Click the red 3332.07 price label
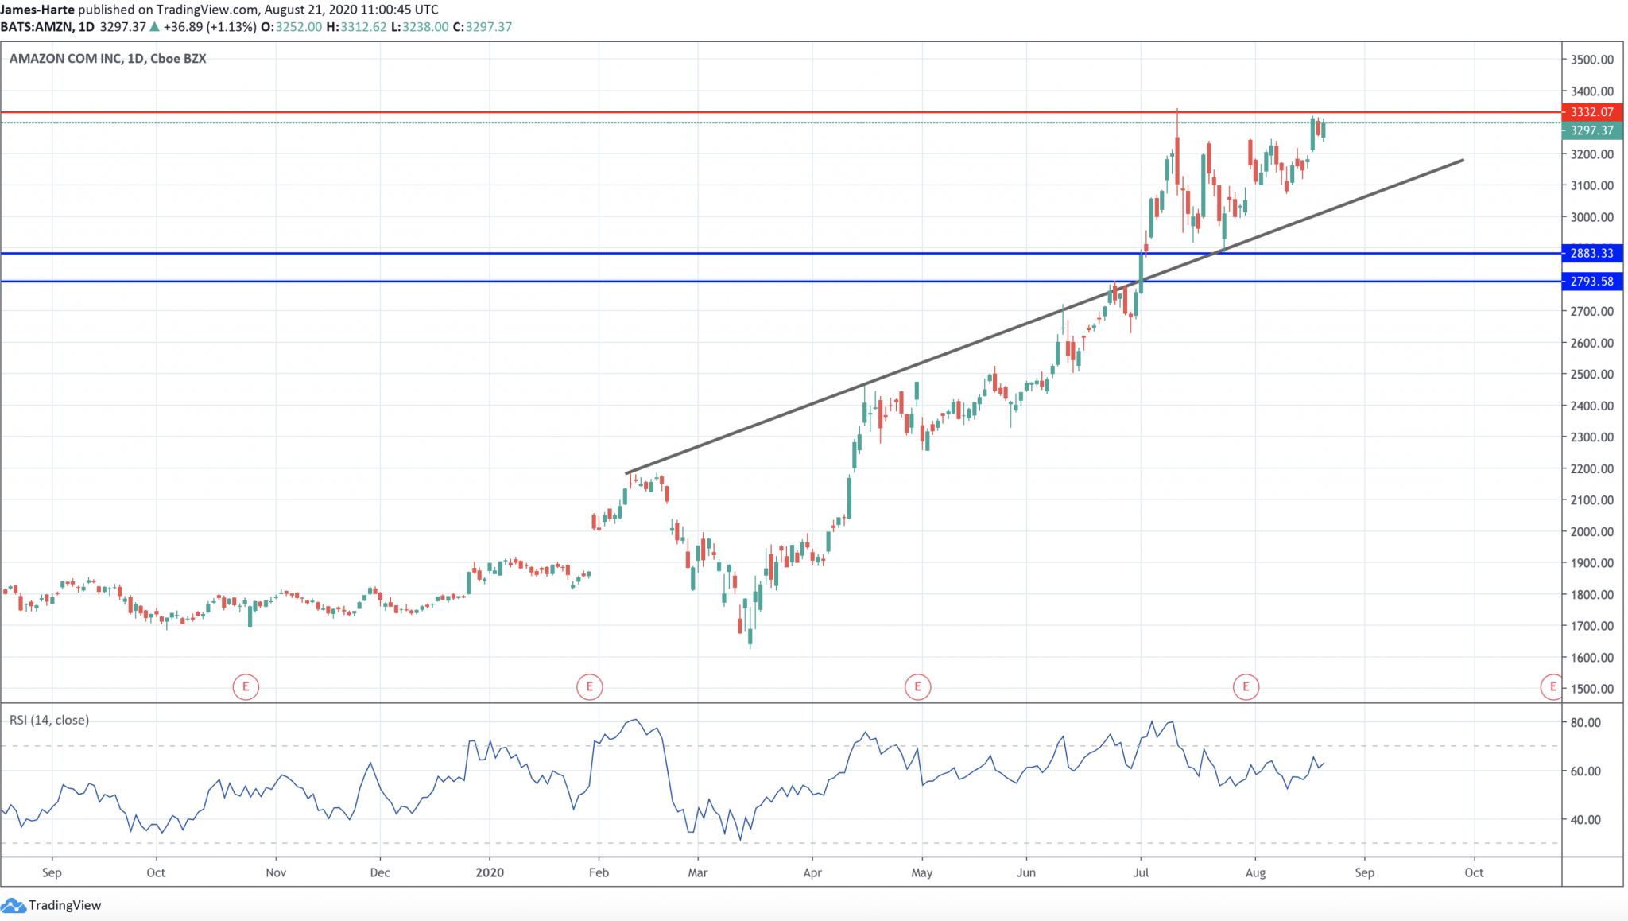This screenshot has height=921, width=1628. (1591, 112)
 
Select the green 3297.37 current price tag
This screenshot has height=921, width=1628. (1591, 130)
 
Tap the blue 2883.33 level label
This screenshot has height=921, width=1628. (1591, 253)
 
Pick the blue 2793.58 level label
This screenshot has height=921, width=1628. (1591, 282)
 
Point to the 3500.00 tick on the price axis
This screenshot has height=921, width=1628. (1591, 60)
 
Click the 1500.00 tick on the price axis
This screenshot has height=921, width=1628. (1591, 689)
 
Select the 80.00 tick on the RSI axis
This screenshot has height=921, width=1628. (1585, 723)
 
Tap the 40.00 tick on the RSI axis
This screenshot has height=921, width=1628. (1585, 820)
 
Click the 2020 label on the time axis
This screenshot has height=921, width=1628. (490, 872)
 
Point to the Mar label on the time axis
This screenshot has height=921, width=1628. (698, 872)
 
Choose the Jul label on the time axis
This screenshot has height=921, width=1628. (1141, 872)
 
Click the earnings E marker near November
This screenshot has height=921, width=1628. (246, 686)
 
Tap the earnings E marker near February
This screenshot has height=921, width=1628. (589, 686)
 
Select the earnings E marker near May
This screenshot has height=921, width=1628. (917, 686)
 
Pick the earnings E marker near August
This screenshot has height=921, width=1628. (1246, 686)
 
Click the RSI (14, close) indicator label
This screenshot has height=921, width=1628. (49, 720)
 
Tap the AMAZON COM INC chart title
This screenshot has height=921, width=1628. (107, 59)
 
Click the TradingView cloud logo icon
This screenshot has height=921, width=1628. (14, 905)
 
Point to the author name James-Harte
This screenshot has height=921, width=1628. (37, 10)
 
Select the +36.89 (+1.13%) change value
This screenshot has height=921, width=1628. (210, 27)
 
